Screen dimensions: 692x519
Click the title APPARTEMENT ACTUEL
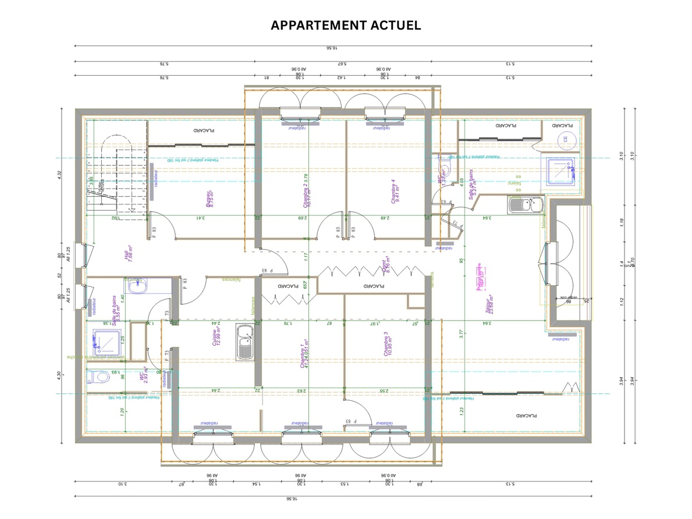point(346,25)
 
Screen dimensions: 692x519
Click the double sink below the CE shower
point(526,205)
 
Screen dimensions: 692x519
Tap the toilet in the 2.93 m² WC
point(98,377)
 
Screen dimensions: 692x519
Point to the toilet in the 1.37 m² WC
point(445,169)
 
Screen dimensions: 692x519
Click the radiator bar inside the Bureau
point(151,182)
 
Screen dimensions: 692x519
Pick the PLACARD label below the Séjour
point(526,416)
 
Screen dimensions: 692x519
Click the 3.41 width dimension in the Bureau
point(200,218)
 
